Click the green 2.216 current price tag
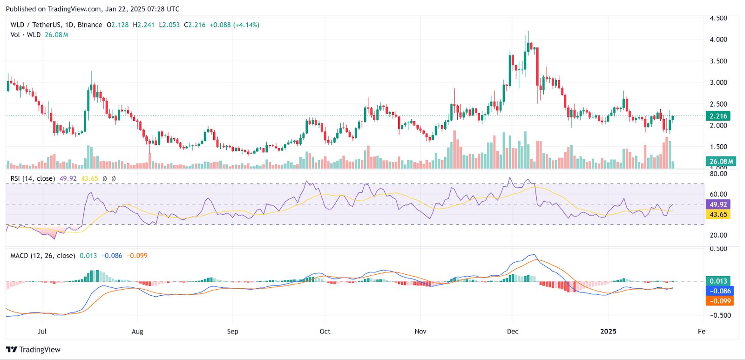(718, 116)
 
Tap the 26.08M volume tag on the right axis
(721, 161)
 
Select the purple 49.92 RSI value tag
(718, 204)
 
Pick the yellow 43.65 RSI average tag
(718, 215)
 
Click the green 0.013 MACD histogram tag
(718, 281)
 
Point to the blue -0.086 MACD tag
(719, 291)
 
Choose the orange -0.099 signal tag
(719, 301)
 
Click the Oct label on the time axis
(325, 332)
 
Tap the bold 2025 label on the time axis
(608, 332)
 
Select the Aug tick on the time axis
(137, 332)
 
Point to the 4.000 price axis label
(718, 40)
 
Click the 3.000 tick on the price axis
(718, 82)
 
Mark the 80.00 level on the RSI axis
(718, 174)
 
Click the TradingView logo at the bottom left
(34, 350)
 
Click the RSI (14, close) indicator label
(33, 178)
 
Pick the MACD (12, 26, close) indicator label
(43, 256)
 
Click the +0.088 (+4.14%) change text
(234, 25)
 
